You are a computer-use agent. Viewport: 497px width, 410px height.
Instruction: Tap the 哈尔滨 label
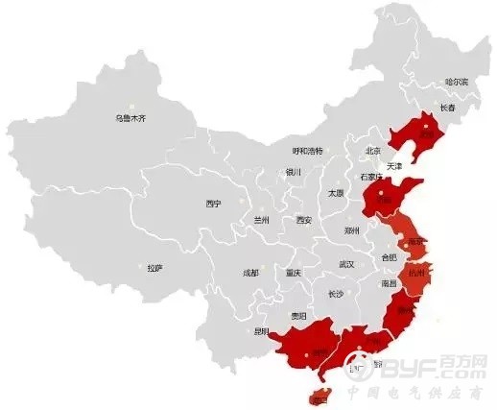point(457,83)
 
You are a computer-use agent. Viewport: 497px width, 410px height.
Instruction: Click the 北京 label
point(374,151)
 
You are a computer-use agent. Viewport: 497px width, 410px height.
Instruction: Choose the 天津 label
point(394,166)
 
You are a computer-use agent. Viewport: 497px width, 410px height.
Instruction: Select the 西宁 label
point(213,204)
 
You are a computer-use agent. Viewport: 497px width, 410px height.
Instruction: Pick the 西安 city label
point(303,220)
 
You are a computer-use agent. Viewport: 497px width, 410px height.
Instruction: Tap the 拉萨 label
point(154,268)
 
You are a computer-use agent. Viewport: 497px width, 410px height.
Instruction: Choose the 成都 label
point(250,273)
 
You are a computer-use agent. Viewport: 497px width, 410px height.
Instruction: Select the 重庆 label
point(293,273)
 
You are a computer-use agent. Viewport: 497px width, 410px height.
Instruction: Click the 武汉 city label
point(347,263)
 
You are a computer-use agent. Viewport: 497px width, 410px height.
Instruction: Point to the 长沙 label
point(335,295)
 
